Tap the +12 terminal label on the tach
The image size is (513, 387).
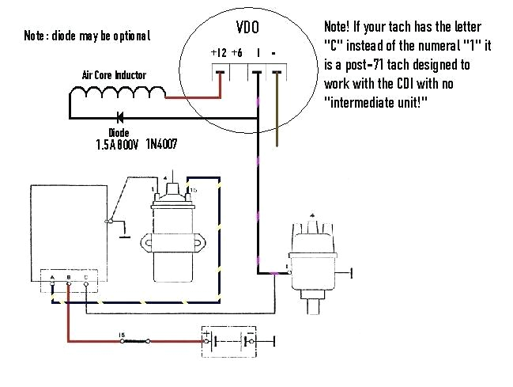218,53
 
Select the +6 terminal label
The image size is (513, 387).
236,53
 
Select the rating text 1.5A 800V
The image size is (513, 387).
115,146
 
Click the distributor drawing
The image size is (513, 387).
310,257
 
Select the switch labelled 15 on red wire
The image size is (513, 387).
134,341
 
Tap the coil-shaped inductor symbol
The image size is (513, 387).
119,95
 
